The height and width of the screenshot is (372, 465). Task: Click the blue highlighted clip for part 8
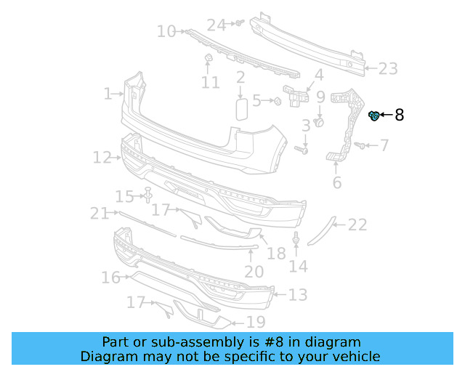375,115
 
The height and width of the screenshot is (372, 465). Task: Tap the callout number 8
399,115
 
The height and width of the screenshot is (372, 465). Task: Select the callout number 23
387,69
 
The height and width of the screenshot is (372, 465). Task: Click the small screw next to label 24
238,24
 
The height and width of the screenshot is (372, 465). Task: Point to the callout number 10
166,31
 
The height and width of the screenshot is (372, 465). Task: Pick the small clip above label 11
206,58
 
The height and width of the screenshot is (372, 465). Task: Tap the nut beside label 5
277,100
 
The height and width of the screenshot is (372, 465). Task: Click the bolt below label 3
302,150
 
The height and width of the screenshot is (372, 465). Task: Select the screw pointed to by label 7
359,146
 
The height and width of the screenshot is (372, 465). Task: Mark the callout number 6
336,182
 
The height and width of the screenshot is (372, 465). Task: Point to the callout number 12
101,157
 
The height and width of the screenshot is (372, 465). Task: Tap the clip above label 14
296,240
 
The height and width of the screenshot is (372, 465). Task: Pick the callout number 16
110,278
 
